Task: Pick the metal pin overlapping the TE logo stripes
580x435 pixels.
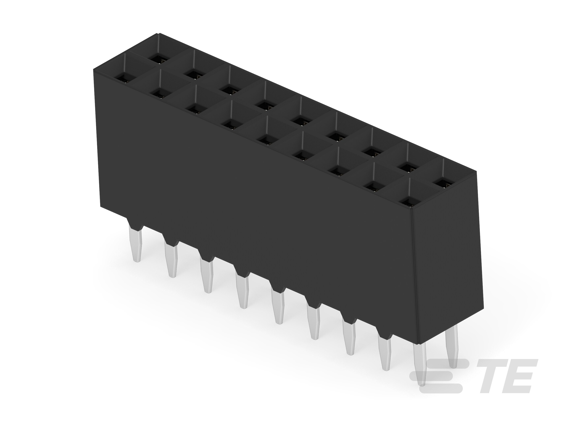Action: pos(420,367)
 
